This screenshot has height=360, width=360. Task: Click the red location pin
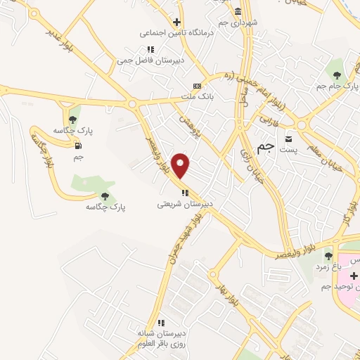coord(181,165)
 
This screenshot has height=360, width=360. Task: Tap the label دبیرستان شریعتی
coord(184,205)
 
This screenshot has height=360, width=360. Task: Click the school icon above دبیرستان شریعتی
coord(184,193)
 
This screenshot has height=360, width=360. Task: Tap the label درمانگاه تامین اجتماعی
coord(168,32)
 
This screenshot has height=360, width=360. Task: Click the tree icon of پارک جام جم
coord(337,74)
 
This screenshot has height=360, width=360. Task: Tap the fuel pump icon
coord(77,146)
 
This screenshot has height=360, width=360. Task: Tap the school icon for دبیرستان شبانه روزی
coord(161,323)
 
